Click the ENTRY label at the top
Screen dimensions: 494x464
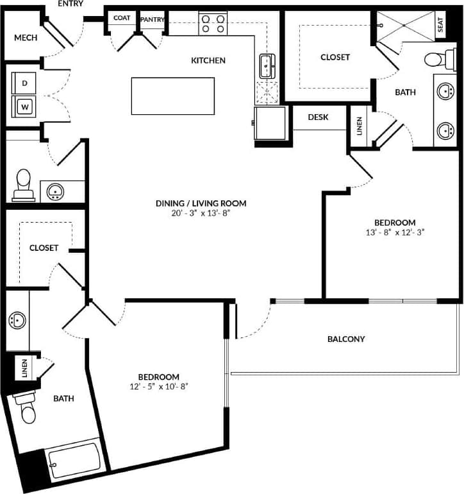[70, 4]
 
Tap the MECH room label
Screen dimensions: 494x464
[26, 37]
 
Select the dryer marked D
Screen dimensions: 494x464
[25, 83]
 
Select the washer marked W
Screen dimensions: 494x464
[25, 105]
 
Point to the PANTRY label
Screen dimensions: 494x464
[153, 19]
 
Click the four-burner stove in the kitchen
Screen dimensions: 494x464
[213, 24]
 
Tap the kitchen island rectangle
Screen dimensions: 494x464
[173, 96]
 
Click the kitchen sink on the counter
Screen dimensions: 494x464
[266, 64]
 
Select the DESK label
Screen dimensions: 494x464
[318, 117]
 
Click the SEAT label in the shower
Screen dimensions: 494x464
[441, 24]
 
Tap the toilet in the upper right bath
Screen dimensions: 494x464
[436, 60]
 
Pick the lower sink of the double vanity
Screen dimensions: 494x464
[445, 131]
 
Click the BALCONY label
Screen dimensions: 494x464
[346, 339]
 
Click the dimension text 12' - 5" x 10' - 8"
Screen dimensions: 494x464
[158, 386]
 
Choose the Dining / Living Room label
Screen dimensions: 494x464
[201, 203]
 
